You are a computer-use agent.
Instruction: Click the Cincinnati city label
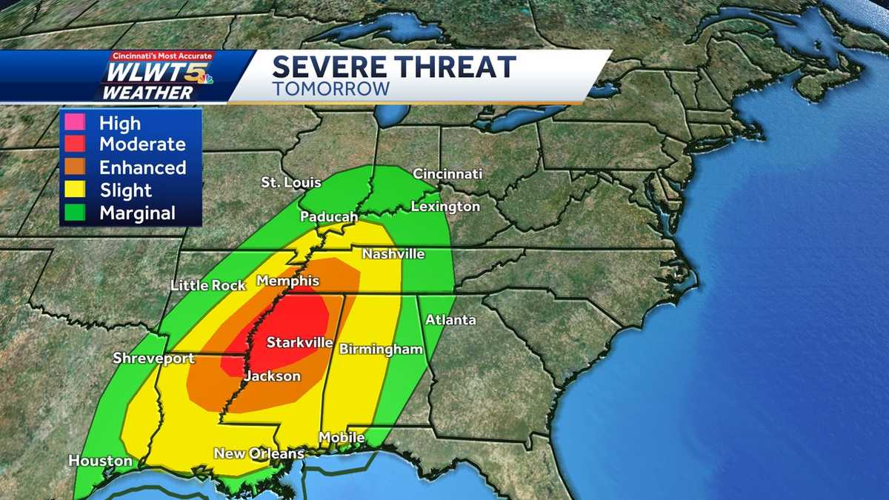click(447, 174)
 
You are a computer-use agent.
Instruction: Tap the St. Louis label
click(290, 182)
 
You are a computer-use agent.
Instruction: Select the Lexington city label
click(446, 207)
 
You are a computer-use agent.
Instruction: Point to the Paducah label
click(329, 217)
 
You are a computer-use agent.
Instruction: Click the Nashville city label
click(393, 254)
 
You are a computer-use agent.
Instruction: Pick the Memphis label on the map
click(287, 281)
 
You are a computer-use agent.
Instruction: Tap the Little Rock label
click(202, 285)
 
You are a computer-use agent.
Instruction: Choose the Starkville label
click(296, 343)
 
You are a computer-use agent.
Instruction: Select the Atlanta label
click(450, 320)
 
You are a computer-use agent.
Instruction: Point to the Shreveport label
click(153, 359)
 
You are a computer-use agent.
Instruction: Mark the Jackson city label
click(273, 376)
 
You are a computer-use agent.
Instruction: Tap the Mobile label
click(342, 437)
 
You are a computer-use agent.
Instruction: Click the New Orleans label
click(259, 453)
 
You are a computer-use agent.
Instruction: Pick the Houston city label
click(100, 461)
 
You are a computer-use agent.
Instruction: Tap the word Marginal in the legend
click(137, 213)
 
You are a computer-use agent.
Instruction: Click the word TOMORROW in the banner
click(330, 88)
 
